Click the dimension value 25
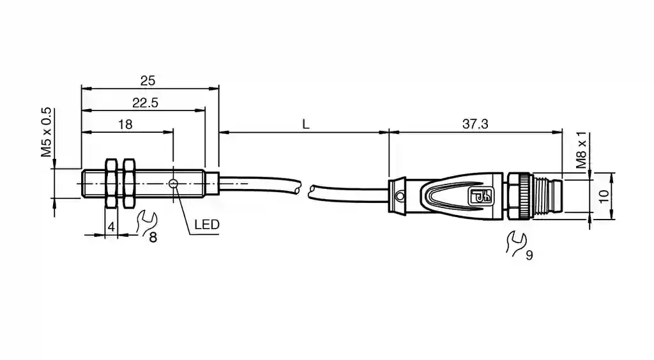tap(148, 80)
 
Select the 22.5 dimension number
tap(146, 103)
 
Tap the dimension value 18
tap(125, 124)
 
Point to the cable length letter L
tap(306, 124)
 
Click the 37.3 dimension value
tap(475, 124)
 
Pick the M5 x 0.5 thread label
tap(46, 132)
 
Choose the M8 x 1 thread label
tap(581, 151)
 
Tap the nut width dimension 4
tap(111, 227)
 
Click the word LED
tap(206, 225)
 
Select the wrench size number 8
tap(153, 238)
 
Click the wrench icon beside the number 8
tap(146, 222)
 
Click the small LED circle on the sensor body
tap(173, 184)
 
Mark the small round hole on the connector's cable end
tap(399, 195)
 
